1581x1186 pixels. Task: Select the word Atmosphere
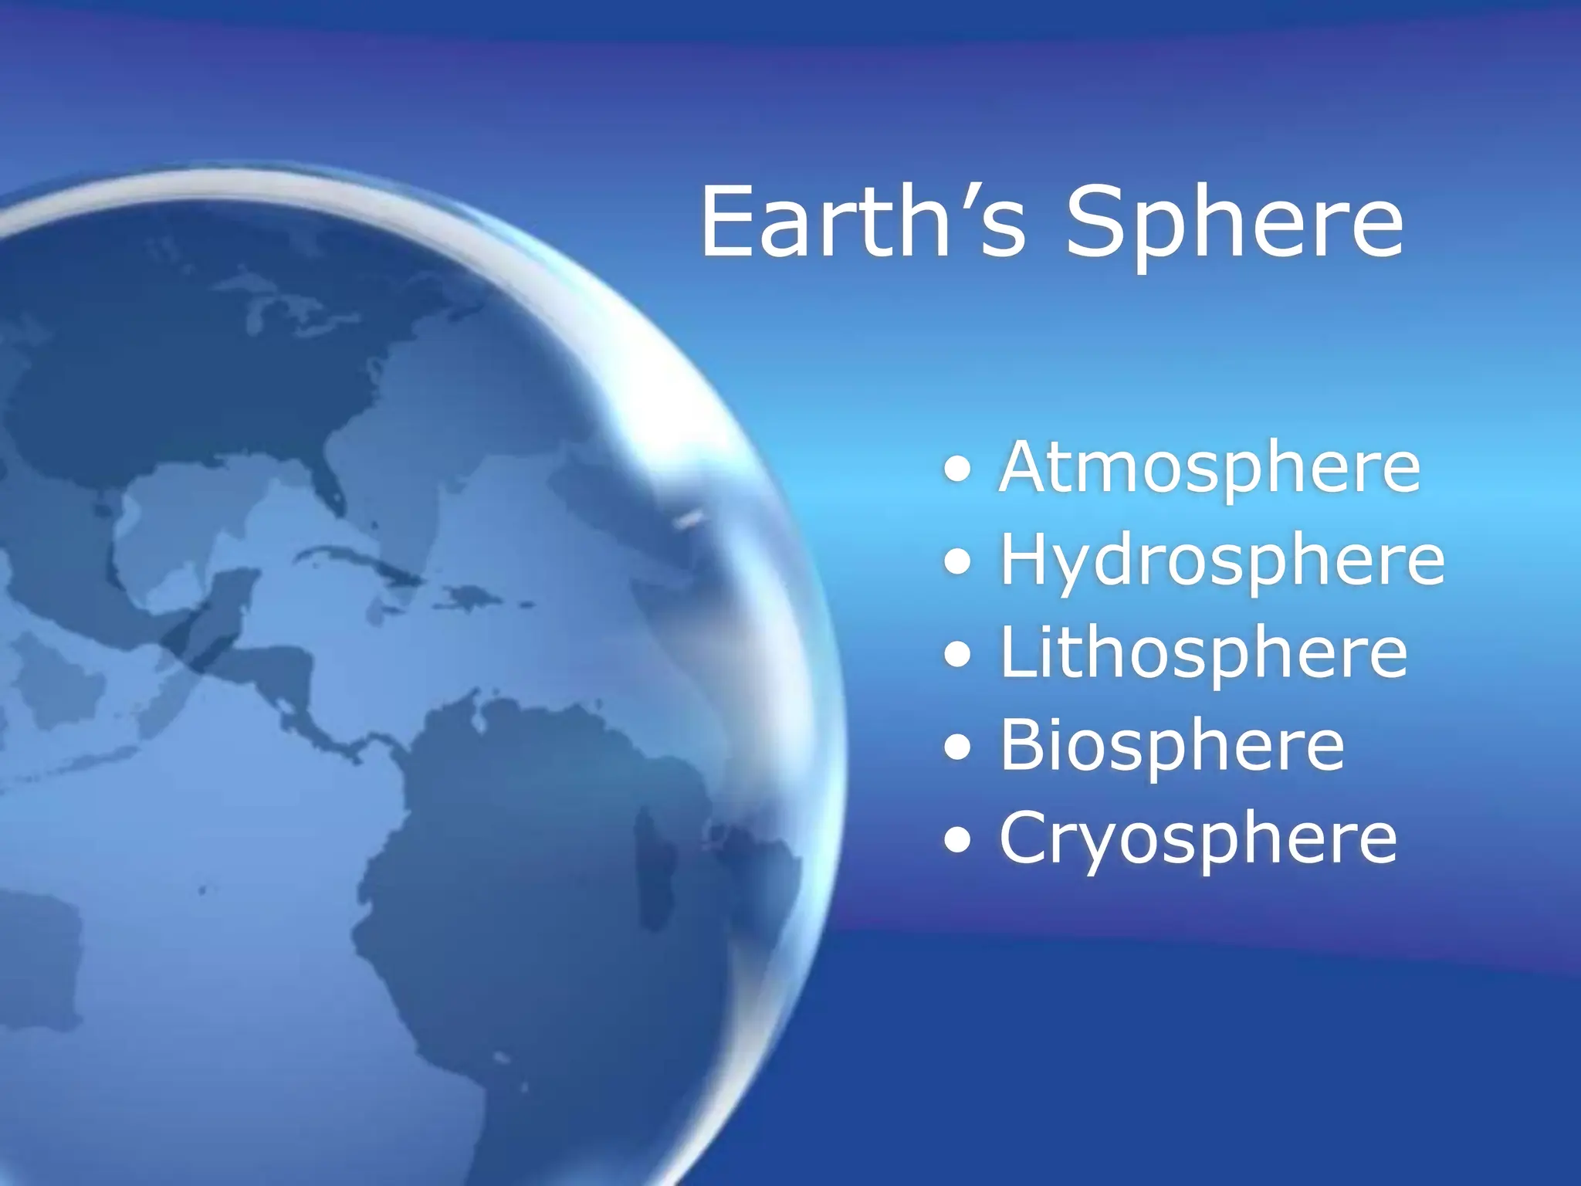tap(1209, 468)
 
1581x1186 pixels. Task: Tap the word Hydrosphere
tap(1221, 562)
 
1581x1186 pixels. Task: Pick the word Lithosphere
tap(1204, 653)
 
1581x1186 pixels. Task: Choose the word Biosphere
tap(1172, 746)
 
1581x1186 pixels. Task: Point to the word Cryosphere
tap(1197, 839)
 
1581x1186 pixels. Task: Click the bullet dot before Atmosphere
tap(957, 470)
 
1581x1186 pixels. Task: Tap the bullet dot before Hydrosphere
tap(957, 563)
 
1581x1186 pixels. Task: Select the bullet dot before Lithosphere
tap(957, 656)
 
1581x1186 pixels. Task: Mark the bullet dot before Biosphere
tap(957, 748)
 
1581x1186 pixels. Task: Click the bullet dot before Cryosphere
tap(957, 841)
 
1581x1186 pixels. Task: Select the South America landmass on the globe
tap(540, 888)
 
